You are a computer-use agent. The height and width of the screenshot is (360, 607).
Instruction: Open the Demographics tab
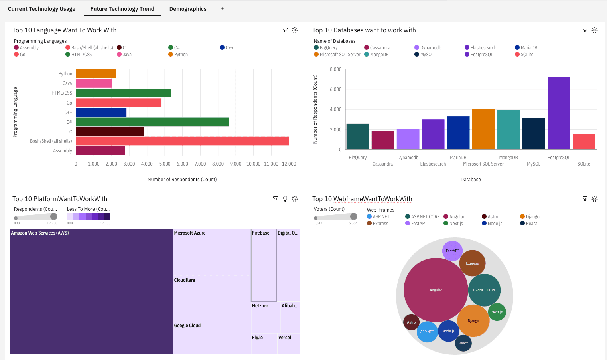[188, 9]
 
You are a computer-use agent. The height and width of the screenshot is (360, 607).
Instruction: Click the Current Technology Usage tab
[41, 9]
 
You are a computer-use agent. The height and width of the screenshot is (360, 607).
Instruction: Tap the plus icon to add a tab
[222, 8]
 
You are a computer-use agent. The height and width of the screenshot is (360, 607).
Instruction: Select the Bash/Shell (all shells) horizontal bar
[182, 141]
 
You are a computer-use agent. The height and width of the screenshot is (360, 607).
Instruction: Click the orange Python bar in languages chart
[96, 74]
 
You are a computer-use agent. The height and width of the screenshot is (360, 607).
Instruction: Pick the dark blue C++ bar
[101, 113]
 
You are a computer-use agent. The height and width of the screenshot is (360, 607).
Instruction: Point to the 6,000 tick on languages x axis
[182, 164]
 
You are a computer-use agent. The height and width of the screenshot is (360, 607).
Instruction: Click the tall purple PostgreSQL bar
[558, 113]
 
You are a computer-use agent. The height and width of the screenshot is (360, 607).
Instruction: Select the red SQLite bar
[584, 142]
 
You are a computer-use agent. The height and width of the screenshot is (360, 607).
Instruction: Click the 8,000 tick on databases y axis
[335, 69]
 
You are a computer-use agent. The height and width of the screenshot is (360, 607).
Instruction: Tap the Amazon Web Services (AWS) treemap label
[40, 233]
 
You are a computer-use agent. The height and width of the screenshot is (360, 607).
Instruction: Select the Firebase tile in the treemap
[264, 265]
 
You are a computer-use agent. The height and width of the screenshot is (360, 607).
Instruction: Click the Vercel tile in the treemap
[288, 344]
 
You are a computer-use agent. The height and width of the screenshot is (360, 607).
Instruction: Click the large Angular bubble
[436, 290]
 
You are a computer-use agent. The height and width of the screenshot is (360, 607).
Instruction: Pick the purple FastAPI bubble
[452, 251]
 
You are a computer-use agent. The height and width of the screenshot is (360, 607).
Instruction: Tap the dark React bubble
[463, 343]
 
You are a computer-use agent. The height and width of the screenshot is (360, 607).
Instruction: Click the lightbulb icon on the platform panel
[285, 199]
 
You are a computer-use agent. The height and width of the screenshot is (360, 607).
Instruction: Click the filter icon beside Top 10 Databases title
[585, 30]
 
